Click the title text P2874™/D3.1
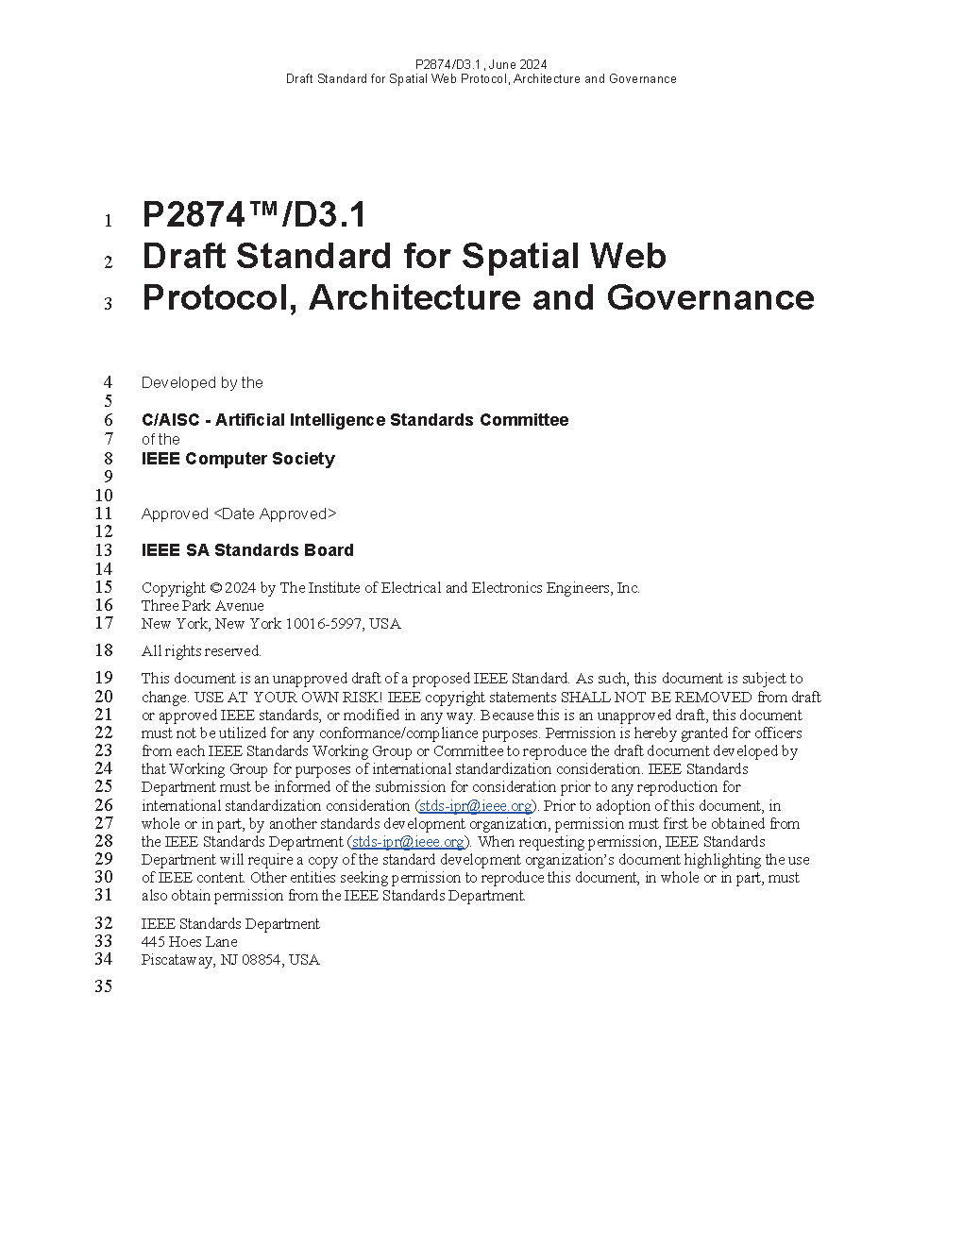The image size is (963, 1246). coord(254,216)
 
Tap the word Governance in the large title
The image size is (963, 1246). coord(710,297)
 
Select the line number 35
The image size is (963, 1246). coord(103,986)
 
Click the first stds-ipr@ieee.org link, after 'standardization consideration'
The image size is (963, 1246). coord(476,806)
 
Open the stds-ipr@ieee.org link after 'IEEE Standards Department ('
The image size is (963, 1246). coord(408,842)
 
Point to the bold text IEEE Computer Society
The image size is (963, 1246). coord(238,459)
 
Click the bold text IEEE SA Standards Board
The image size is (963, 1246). coord(247,550)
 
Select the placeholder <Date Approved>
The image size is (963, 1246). coord(275,514)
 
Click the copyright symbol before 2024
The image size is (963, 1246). coord(215,588)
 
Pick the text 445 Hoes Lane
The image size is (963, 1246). coord(189,942)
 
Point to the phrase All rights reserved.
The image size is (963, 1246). coord(201,651)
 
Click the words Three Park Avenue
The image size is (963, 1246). coord(202,606)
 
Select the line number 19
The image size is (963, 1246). coord(103,678)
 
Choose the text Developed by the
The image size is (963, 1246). coord(202,383)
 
